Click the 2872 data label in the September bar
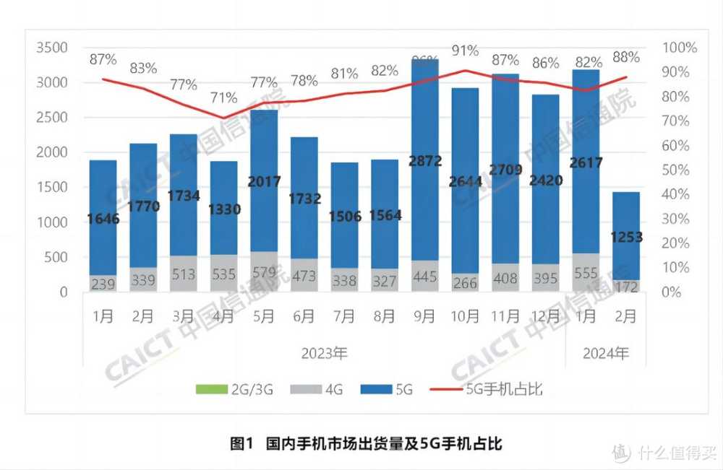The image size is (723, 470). [424, 160]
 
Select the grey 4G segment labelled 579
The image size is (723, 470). [264, 277]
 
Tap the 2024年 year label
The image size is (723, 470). [606, 354]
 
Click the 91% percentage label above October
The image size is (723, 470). [465, 51]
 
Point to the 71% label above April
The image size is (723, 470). [223, 97]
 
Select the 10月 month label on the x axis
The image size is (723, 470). [465, 316]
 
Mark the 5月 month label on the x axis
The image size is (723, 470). [264, 316]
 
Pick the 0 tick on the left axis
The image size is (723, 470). [64, 292]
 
